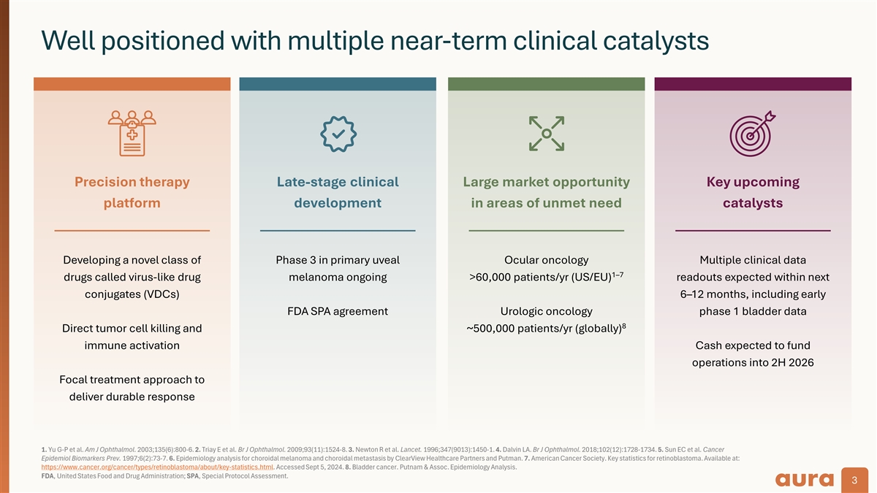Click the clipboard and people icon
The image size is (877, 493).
tap(132, 132)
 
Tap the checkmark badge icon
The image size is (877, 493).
tap(338, 134)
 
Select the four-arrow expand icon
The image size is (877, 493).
tap(546, 133)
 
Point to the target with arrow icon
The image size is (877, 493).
tap(753, 132)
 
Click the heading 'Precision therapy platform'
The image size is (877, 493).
tap(132, 192)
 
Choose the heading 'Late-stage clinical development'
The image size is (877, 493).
tap(338, 192)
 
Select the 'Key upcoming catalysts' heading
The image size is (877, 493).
tap(753, 192)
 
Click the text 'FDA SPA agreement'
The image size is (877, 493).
tap(338, 311)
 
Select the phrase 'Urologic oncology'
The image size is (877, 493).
tap(546, 311)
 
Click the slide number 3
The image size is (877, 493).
tap(854, 480)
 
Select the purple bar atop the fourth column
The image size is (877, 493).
tap(753, 84)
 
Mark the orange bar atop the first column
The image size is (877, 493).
tap(132, 84)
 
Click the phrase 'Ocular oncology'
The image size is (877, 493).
tap(546, 260)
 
